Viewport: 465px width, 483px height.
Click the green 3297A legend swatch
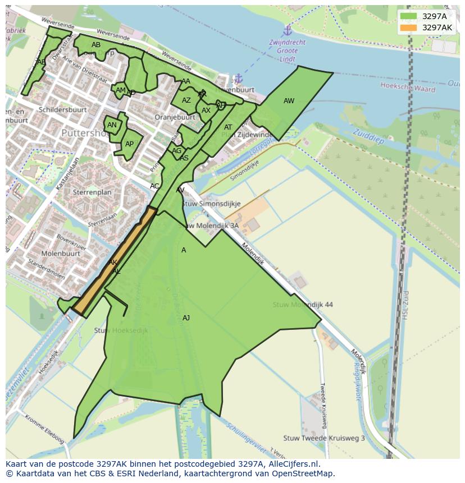(408, 16)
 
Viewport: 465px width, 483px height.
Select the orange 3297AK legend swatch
(408, 27)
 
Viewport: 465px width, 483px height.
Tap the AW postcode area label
(289, 101)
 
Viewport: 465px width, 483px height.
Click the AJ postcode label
(186, 318)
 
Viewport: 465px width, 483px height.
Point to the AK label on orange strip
(112, 263)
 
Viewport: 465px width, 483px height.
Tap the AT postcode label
(228, 127)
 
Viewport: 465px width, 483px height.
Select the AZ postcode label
(186, 100)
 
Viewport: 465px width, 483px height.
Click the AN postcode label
(112, 125)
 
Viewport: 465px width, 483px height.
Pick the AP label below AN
(129, 144)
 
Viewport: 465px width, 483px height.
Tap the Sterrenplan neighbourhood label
(92, 192)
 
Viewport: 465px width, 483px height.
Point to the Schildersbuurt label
(63, 109)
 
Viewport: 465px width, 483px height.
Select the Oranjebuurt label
(175, 117)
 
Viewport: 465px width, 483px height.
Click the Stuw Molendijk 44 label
(303, 305)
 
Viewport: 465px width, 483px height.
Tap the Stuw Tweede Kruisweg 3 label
(324, 438)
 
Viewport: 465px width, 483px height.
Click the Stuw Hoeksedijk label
(121, 331)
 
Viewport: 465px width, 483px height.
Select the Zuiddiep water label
(368, 136)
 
